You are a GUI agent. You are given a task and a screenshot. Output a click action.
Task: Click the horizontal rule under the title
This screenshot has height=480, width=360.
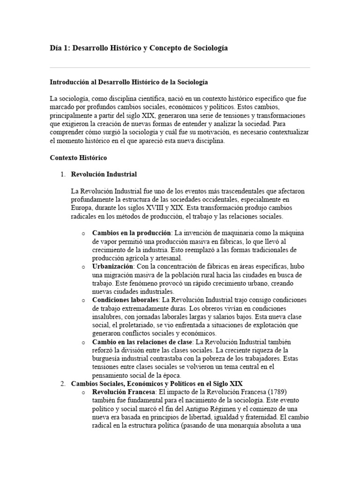pyautogui.click(x=180, y=67)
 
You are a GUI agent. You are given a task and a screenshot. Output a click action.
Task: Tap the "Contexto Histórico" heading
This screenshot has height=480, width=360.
pyautogui.click(x=78, y=158)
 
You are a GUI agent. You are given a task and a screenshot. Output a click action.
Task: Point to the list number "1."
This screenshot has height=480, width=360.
pyautogui.click(x=63, y=174)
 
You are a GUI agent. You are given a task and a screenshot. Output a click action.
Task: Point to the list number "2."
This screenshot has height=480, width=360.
pyautogui.click(x=63, y=384)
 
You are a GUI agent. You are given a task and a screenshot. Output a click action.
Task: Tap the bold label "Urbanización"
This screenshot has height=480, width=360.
pyautogui.click(x=113, y=266)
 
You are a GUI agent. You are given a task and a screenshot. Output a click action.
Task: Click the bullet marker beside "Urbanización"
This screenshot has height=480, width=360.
pyautogui.click(x=83, y=267)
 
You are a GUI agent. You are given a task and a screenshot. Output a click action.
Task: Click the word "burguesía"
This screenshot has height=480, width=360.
pyautogui.click(x=107, y=359)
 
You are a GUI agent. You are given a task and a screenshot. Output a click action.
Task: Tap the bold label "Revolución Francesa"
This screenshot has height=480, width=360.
pyautogui.click(x=119, y=392)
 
